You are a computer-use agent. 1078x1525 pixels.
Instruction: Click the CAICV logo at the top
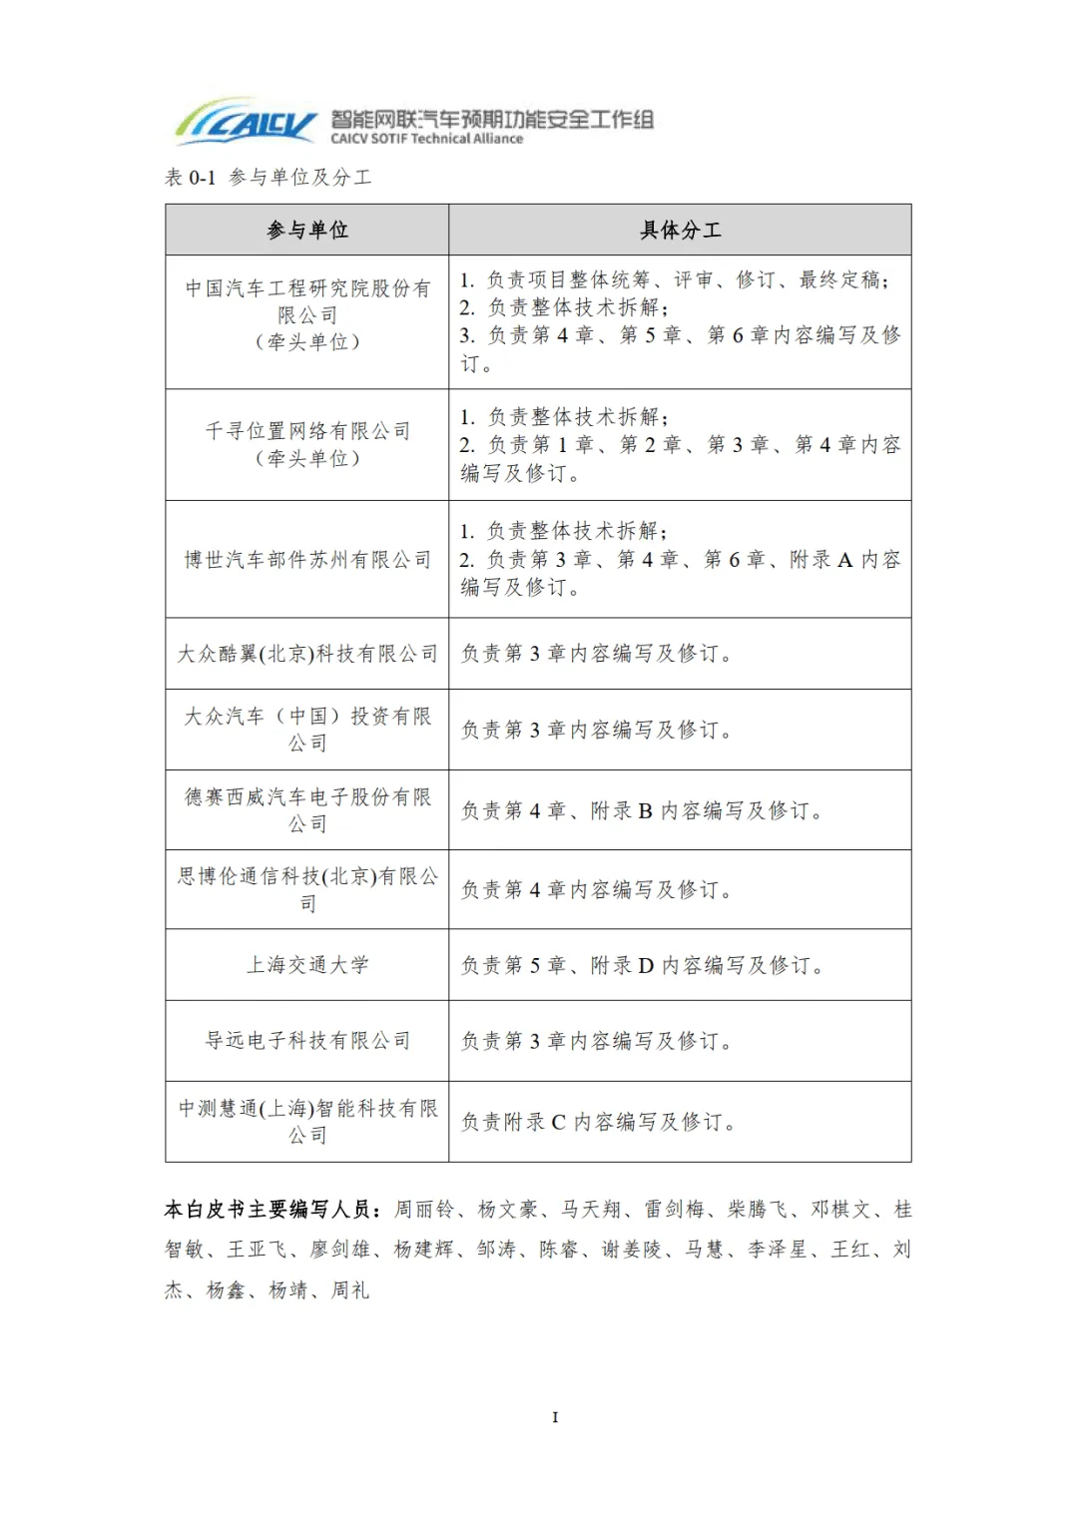click(246, 123)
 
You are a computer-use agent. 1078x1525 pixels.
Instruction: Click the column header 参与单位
click(307, 231)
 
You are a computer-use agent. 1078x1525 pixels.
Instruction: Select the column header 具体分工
click(680, 231)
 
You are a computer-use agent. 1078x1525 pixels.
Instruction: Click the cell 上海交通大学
click(307, 965)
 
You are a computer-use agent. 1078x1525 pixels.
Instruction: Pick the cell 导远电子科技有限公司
click(307, 1041)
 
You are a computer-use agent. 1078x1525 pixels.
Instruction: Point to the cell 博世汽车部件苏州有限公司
click(307, 560)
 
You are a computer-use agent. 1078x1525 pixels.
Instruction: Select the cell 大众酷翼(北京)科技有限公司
click(307, 654)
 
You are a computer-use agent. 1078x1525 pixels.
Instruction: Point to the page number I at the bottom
click(555, 1417)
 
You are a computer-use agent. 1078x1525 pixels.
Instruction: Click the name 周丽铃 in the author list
click(423, 1210)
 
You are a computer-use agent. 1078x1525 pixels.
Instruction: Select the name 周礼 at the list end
click(350, 1290)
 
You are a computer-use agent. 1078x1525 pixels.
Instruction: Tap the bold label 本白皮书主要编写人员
click(271, 1210)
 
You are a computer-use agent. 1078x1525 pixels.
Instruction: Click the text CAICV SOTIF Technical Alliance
click(427, 139)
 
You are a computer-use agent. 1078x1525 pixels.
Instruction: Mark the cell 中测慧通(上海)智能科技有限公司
click(307, 1122)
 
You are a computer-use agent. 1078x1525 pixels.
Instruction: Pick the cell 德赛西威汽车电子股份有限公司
click(307, 810)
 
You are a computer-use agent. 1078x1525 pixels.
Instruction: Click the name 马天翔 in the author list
click(590, 1210)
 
